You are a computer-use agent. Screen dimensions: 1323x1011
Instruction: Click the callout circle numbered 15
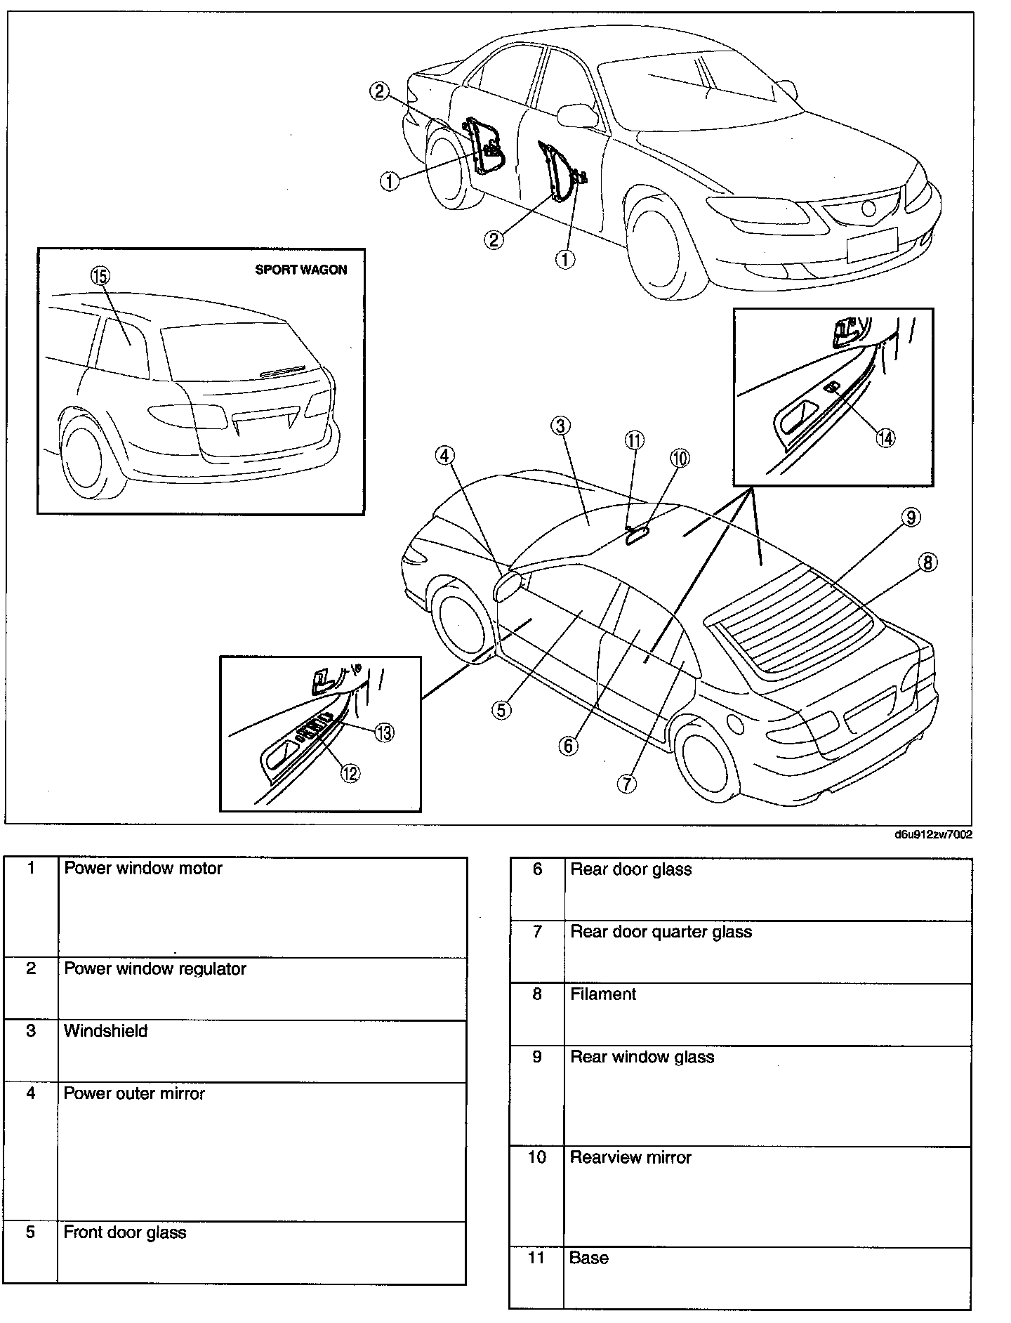click(x=100, y=277)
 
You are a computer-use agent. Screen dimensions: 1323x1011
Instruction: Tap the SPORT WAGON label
click(x=300, y=270)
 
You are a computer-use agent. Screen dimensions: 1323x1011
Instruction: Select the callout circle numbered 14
click(x=886, y=437)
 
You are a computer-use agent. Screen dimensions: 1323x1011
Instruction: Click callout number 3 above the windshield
click(x=560, y=426)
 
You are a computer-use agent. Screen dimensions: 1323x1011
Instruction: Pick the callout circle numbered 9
click(x=910, y=518)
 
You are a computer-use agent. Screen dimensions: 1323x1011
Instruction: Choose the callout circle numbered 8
click(x=928, y=562)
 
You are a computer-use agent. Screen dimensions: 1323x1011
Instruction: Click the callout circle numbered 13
click(x=384, y=732)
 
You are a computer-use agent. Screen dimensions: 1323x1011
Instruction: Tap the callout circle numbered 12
click(x=350, y=772)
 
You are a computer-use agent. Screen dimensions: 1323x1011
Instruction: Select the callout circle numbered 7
click(x=626, y=784)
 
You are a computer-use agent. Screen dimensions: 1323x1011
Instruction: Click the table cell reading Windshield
click(x=106, y=1032)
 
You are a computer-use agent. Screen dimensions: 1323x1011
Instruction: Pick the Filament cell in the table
click(x=603, y=994)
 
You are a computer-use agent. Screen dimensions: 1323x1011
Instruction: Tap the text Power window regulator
click(x=155, y=969)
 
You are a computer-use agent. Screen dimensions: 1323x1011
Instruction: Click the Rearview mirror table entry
click(x=630, y=1157)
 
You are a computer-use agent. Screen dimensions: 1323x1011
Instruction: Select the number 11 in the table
click(x=536, y=1258)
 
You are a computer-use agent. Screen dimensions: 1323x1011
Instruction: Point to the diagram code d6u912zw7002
click(x=932, y=835)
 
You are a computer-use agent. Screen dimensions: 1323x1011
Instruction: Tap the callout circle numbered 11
click(x=634, y=440)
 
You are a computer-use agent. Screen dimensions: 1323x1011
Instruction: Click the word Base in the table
click(x=588, y=1258)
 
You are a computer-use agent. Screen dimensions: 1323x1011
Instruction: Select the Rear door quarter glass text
click(x=661, y=932)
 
